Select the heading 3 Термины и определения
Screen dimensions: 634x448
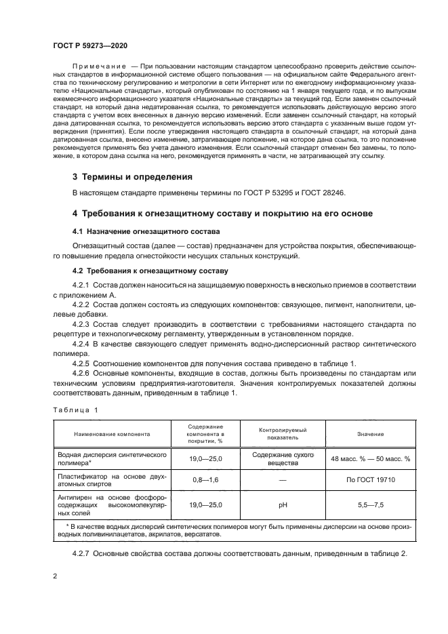(132, 176)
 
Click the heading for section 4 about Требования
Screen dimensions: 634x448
(222, 214)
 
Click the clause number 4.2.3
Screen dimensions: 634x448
(81, 324)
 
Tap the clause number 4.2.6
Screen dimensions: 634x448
(81, 372)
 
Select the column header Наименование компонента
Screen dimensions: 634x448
(113, 434)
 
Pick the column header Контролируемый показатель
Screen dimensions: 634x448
(282, 434)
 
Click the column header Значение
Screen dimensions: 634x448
(371, 434)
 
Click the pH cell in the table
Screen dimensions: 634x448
(282, 505)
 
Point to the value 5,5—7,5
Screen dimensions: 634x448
(371, 505)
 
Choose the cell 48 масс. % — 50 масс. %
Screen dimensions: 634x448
(371, 459)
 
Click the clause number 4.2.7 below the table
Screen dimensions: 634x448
(81, 553)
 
